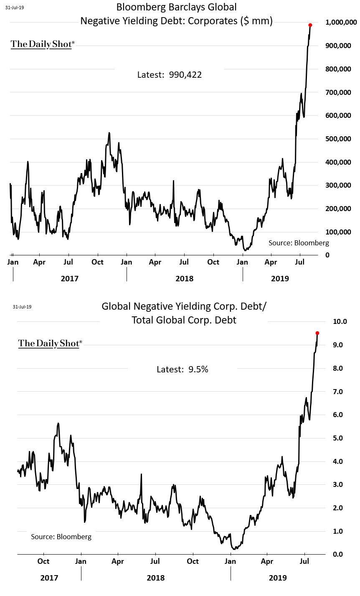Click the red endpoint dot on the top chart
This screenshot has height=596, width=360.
310,25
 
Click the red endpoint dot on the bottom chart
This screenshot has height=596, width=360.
317,333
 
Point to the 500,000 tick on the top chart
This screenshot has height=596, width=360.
339,139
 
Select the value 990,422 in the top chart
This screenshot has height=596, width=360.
185,75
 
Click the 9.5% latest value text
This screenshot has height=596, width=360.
198,369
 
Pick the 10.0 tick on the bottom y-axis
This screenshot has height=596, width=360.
340,321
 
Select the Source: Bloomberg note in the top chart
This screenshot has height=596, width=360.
299,243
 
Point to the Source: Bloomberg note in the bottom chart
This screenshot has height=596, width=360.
61,537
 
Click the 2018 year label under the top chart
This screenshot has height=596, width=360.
184,278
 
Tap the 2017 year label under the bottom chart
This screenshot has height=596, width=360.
49,578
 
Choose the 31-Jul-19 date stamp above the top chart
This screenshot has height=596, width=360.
15,7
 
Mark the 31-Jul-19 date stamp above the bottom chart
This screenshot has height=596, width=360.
22,307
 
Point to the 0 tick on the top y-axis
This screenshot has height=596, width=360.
327,255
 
